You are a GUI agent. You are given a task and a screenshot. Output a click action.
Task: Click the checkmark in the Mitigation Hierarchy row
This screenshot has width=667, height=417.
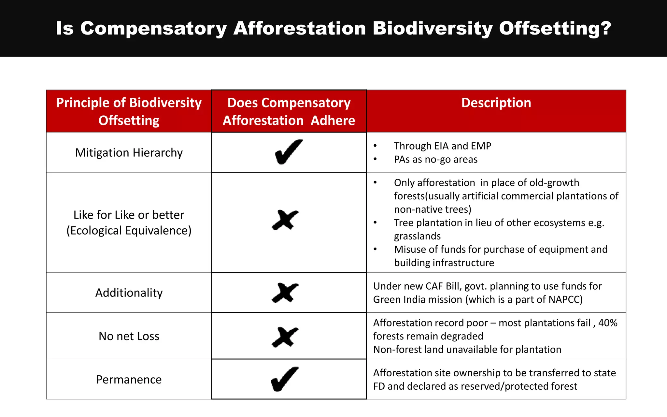click(289, 152)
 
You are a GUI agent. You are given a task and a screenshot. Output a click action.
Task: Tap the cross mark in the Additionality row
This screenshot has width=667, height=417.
click(285, 293)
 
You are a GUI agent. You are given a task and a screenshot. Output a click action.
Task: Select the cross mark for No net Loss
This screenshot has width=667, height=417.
click(285, 337)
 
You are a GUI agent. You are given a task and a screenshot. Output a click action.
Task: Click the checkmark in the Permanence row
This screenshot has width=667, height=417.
click(285, 379)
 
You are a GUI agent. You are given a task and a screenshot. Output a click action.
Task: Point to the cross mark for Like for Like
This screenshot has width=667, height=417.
click(285, 220)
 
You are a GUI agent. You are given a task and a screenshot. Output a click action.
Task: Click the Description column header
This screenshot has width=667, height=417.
click(496, 103)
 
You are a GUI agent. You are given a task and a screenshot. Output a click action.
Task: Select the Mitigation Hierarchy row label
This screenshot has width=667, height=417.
click(129, 153)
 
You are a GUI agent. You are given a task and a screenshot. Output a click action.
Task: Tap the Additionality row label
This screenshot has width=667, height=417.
click(129, 293)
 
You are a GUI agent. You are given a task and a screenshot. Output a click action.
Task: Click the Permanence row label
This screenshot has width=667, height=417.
click(129, 380)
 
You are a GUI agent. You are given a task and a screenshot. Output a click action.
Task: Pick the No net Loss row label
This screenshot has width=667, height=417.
click(129, 336)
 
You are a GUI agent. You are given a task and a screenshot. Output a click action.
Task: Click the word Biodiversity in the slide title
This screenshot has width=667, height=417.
click(433, 28)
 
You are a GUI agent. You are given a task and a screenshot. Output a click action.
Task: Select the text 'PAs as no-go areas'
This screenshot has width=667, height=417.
click(435, 160)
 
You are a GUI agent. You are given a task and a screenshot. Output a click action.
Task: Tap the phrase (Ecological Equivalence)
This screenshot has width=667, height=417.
click(129, 231)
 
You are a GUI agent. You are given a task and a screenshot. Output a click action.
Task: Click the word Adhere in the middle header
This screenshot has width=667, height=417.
click(333, 121)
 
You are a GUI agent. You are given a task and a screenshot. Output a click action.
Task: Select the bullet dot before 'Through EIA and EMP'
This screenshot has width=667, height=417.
click(375, 146)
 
